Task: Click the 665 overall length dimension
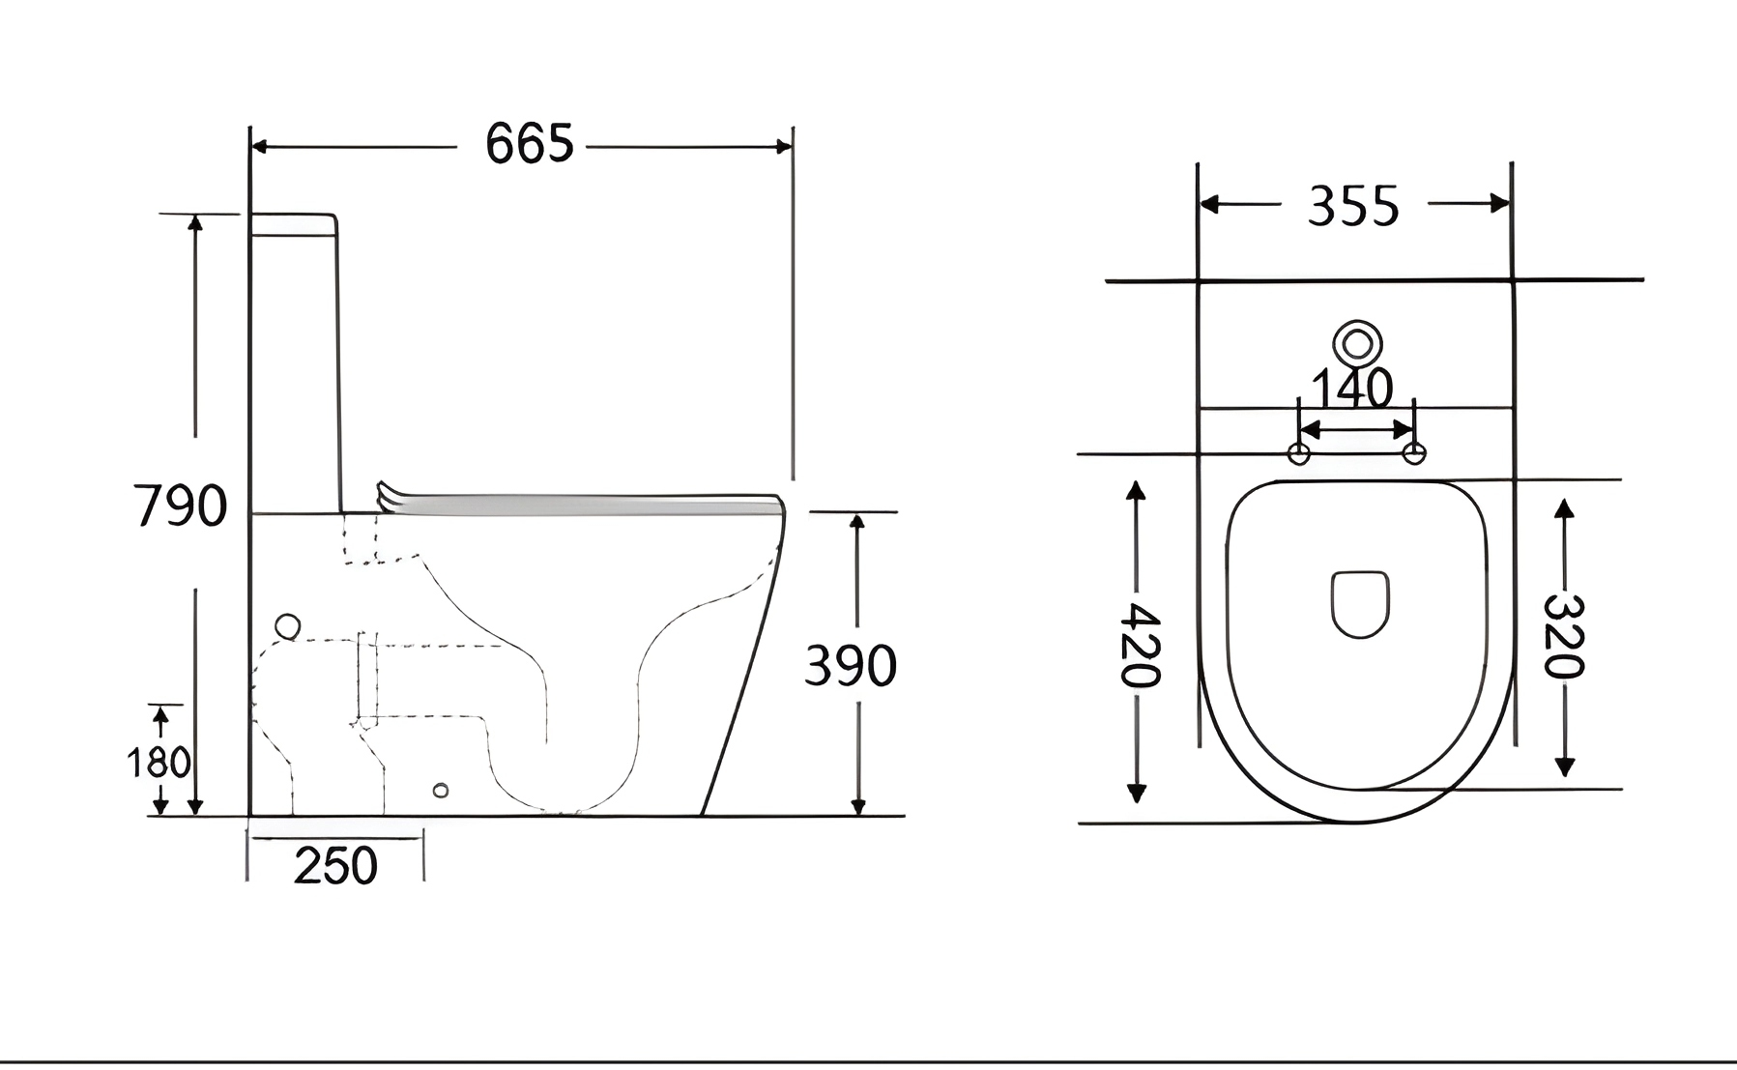(530, 144)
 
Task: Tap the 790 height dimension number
(181, 506)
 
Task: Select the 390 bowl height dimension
(851, 665)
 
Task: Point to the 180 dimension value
(159, 763)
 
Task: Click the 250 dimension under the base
(335, 866)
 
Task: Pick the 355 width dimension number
(1353, 207)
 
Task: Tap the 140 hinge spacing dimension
(1352, 389)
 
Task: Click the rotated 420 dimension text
(1140, 645)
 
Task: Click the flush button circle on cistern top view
(1357, 344)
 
